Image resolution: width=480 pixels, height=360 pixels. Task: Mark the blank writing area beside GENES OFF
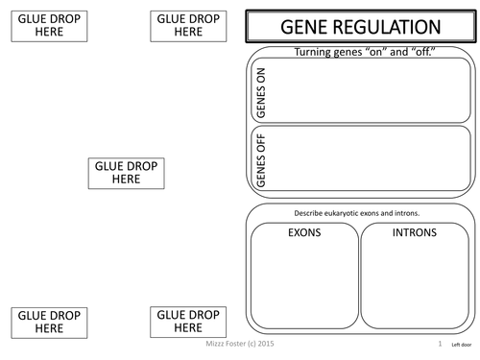tap(372, 159)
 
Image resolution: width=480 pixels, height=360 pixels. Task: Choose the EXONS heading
tap(304, 232)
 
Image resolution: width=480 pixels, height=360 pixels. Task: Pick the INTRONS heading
tap(415, 232)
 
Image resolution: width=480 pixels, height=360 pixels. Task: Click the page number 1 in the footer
tap(439, 343)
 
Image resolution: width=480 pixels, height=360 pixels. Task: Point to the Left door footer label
tap(461, 344)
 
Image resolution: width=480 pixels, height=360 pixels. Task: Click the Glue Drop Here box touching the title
tap(188, 25)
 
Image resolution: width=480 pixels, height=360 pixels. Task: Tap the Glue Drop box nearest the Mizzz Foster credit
tap(188, 321)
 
